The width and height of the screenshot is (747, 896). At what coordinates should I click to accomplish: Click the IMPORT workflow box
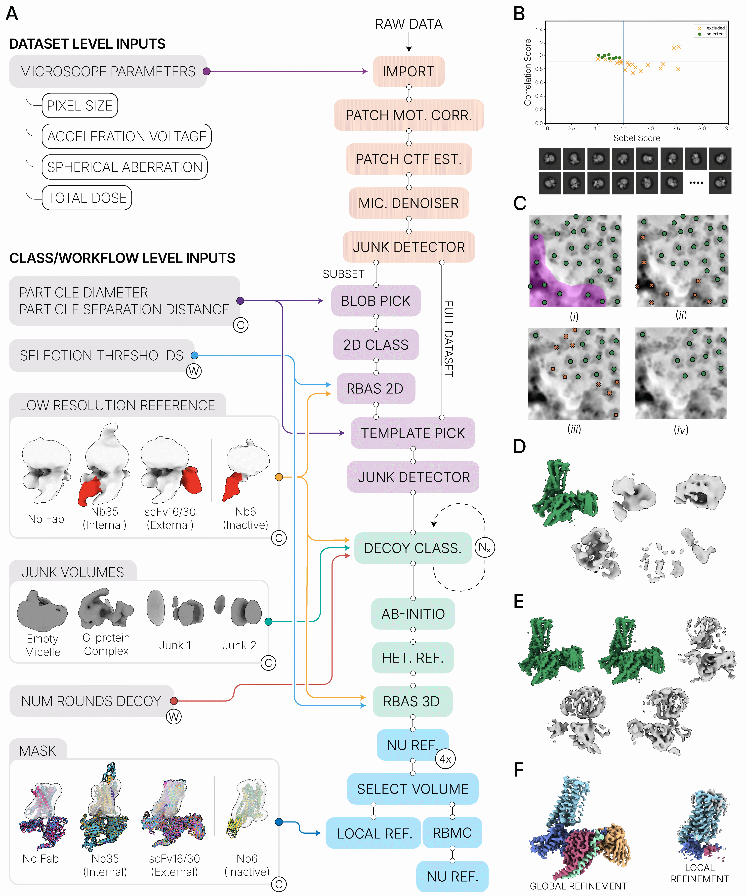pos(409,71)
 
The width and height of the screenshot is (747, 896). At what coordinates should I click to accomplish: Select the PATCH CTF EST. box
pos(409,159)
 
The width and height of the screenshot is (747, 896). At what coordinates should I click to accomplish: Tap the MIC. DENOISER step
pos(409,203)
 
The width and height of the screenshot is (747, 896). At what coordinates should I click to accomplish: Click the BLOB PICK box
pos(376,301)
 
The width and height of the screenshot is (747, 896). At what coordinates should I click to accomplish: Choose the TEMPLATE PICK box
pos(413,433)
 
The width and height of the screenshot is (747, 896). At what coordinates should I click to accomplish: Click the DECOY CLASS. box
pos(413,548)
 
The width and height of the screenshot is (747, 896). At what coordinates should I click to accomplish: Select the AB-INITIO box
pos(413,614)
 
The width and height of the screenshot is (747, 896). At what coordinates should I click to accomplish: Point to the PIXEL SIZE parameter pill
pos(80,105)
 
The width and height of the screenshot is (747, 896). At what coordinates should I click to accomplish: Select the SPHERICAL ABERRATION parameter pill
pos(125,167)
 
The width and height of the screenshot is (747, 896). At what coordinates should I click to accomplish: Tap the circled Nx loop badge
pos(485,547)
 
